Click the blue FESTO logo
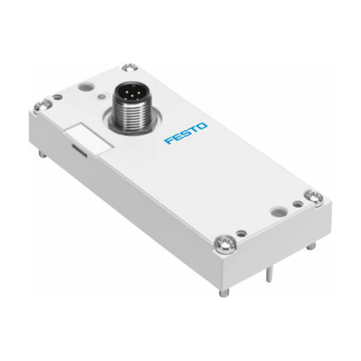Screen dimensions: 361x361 pyautogui.click(x=186, y=134)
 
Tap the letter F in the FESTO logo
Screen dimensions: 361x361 pyautogui.click(x=168, y=141)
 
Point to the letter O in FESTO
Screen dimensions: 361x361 pyautogui.click(x=203, y=126)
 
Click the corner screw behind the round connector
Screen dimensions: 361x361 pyautogui.click(x=130, y=69)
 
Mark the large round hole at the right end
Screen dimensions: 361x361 pyautogui.click(x=276, y=211)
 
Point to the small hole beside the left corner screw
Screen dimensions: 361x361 pyautogui.click(x=57, y=97)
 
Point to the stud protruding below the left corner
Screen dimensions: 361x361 pyautogui.click(x=42, y=153)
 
